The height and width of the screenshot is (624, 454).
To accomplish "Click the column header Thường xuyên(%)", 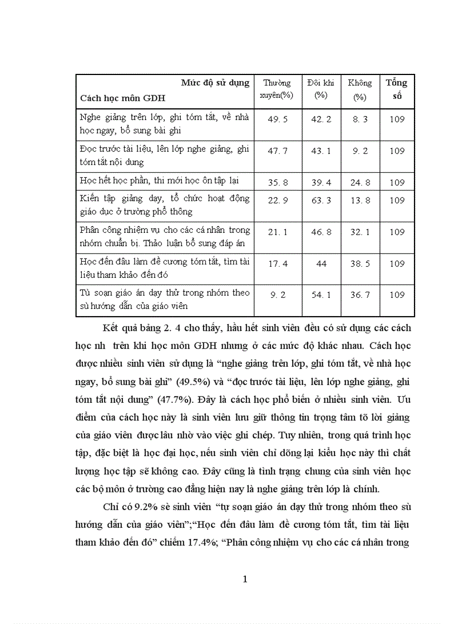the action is [277, 89].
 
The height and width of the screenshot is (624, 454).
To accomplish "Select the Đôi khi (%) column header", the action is [320, 89].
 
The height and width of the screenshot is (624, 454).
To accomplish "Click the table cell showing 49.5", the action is [278, 118].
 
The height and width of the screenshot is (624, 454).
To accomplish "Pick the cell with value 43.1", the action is [320, 151].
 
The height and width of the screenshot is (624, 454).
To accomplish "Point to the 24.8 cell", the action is [360, 181].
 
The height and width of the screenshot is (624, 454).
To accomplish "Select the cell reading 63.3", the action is [320, 201].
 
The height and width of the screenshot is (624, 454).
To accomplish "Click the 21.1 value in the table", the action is [278, 232].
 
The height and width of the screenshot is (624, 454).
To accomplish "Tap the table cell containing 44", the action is [320, 263].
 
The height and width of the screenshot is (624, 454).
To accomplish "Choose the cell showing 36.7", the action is [360, 295].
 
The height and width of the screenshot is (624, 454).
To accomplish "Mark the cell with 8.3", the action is [360, 118].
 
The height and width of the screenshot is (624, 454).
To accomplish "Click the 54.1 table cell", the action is [320, 295].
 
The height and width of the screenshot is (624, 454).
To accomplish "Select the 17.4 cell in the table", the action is [278, 263].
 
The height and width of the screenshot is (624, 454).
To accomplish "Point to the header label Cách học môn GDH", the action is [123, 98].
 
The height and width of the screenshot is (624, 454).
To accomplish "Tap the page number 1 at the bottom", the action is [245, 580].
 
